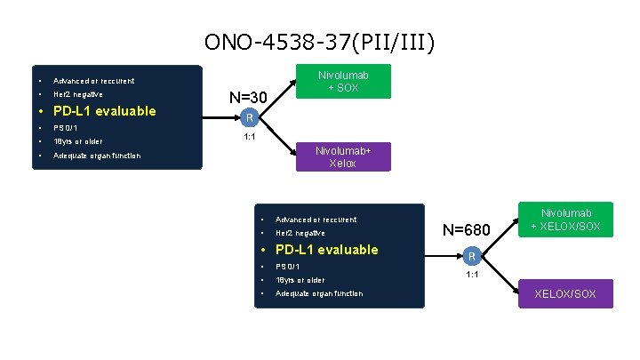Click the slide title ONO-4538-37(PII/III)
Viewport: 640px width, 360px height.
tap(320, 42)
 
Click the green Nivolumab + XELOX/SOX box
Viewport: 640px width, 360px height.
tap(566, 220)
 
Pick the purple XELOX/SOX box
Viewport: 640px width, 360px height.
tap(566, 293)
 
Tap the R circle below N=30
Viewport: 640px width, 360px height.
tap(251, 118)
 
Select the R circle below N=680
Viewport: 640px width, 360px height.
tap(473, 256)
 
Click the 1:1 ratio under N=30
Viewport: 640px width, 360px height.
tap(251, 137)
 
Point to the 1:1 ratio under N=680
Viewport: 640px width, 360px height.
tap(473, 275)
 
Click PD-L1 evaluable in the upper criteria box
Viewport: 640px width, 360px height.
tap(104, 111)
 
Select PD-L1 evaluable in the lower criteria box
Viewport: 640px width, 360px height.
tap(326, 250)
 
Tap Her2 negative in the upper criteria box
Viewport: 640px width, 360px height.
tap(78, 94)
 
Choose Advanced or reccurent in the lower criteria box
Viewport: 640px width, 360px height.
tap(316, 220)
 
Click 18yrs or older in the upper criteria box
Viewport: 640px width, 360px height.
tap(77, 141)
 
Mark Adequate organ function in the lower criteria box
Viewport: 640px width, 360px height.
tap(319, 293)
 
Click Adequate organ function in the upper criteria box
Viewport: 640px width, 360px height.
tap(97, 156)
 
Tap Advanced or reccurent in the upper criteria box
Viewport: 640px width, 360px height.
tap(93, 81)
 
